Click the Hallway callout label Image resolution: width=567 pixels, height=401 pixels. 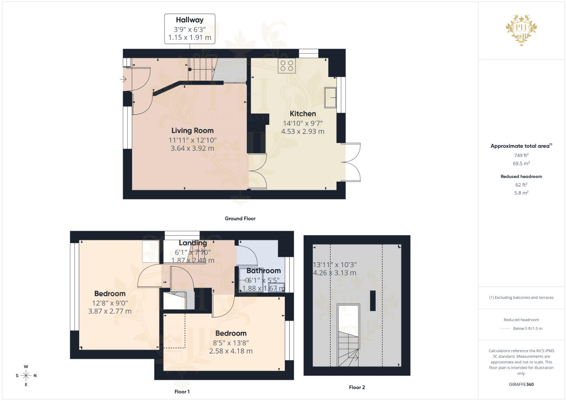(x=189, y=29)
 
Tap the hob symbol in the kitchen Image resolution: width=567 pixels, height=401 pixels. (x=287, y=66)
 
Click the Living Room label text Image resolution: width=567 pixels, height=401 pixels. (x=192, y=130)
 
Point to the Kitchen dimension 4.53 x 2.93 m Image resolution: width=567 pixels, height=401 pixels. (x=303, y=131)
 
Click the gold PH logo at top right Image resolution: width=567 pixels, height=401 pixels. (x=521, y=30)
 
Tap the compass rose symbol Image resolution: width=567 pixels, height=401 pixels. (x=26, y=375)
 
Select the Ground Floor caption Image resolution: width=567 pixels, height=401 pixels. (x=240, y=218)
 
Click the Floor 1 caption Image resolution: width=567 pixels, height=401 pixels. (x=182, y=391)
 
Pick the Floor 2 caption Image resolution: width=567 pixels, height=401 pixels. (x=357, y=387)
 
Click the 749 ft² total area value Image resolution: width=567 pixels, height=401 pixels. (x=521, y=155)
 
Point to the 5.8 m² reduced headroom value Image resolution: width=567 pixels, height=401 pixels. (x=521, y=193)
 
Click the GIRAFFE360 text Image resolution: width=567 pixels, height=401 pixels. (x=521, y=384)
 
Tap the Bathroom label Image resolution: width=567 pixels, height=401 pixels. (x=263, y=271)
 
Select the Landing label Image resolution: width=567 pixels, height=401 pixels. (x=193, y=243)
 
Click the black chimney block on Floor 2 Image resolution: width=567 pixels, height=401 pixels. (x=372, y=300)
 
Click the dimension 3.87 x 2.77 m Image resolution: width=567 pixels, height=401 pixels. (x=110, y=311)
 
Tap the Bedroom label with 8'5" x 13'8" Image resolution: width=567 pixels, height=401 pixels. (x=231, y=333)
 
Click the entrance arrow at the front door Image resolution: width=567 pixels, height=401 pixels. (x=123, y=79)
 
